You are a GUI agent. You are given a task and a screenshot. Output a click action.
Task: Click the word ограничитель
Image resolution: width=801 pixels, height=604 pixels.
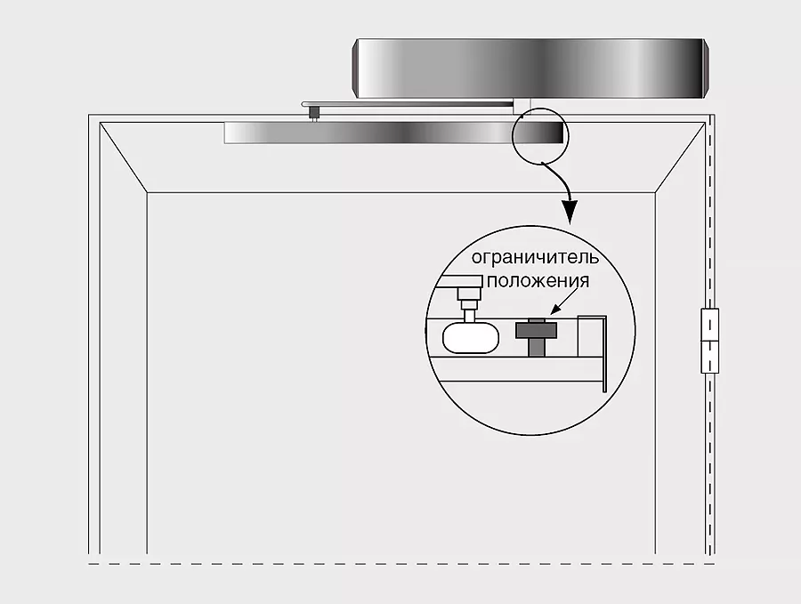(x=535, y=258)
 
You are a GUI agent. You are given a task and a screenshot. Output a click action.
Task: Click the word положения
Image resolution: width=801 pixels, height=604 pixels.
(x=538, y=281)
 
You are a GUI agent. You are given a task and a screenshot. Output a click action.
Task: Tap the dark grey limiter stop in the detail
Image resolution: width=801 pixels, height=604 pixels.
(x=536, y=337)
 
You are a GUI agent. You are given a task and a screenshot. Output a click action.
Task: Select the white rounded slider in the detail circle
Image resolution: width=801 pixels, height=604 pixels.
(x=471, y=337)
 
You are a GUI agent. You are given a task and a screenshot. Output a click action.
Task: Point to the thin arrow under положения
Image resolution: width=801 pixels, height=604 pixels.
(x=564, y=302)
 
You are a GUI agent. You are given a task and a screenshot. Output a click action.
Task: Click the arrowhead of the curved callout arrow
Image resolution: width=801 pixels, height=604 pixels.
(x=570, y=211)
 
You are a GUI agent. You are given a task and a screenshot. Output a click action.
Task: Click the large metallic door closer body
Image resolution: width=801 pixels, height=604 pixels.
(x=530, y=68)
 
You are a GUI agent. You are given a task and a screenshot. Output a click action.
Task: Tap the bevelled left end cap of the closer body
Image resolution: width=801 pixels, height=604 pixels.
(x=356, y=68)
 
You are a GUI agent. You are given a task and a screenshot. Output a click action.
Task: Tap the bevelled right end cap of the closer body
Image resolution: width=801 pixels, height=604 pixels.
(x=706, y=68)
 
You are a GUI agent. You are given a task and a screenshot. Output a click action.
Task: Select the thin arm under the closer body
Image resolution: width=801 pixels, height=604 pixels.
(x=407, y=104)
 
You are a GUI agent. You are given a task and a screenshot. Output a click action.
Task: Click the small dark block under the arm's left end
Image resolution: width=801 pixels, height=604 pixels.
(x=313, y=112)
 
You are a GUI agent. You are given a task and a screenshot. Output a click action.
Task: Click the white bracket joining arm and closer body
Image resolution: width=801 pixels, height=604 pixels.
(x=522, y=108)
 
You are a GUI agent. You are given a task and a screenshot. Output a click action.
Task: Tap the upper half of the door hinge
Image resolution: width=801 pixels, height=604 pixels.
(x=709, y=324)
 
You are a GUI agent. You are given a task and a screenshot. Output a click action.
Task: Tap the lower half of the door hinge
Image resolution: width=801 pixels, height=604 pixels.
(x=709, y=357)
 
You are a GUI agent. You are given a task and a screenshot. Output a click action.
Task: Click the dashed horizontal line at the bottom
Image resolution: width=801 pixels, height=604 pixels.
(x=401, y=564)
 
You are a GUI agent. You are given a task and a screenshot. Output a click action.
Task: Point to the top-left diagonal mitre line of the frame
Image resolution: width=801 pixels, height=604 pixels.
(x=123, y=157)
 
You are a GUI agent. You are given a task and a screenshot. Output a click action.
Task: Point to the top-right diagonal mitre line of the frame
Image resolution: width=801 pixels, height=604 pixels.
(x=681, y=157)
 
